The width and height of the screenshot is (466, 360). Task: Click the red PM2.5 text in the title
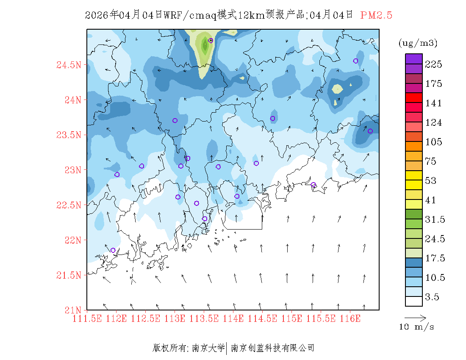coord(376,15)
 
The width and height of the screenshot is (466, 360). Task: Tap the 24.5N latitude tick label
coord(69,65)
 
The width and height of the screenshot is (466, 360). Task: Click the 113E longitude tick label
coord(175,318)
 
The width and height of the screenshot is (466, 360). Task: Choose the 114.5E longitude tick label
coord(262,318)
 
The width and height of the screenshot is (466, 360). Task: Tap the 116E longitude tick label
coord(350,318)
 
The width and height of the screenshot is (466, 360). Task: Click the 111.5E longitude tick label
coord(87,318)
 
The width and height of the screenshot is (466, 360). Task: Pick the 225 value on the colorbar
coord(434,64)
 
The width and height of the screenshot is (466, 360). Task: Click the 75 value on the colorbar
coord(432,161)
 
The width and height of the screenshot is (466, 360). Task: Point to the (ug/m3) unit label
coord(418,43)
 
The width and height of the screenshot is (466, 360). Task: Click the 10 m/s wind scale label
coord(417,327)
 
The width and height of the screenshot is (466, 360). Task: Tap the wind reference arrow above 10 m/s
coord(415,317)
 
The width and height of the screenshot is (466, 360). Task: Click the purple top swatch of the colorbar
coord(414,58)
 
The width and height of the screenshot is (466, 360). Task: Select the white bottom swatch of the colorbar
coord(414,301)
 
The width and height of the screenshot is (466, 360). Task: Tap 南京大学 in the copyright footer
coord(208,348)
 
